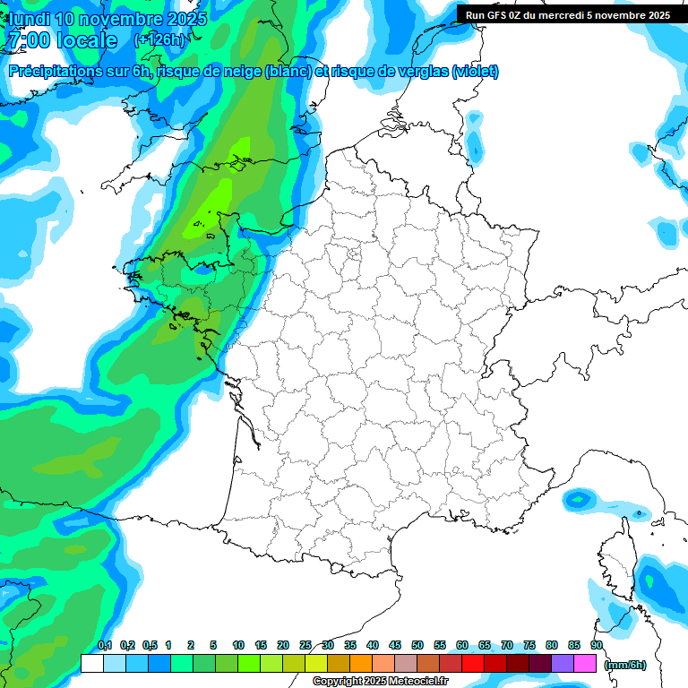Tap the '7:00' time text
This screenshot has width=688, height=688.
[28, 40]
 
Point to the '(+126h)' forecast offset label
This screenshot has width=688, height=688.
[159, 40]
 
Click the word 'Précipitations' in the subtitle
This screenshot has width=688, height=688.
[55, 72]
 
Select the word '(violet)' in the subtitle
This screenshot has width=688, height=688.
[476, 72]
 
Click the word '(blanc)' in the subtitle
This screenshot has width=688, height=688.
[288, 72]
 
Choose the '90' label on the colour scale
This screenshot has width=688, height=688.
[597, 645]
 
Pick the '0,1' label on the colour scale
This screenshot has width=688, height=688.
[105, 645]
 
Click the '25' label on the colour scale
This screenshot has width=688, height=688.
[305, 645]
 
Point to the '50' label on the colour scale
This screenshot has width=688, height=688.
[417, 645]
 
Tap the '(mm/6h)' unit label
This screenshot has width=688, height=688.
[625, 664]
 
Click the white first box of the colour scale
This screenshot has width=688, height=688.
[91, 663]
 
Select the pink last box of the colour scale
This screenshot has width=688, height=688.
[585, 663]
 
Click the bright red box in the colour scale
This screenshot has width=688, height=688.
[473, 663]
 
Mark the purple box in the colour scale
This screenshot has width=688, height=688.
[563, 663]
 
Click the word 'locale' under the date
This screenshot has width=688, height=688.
[86, 40]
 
